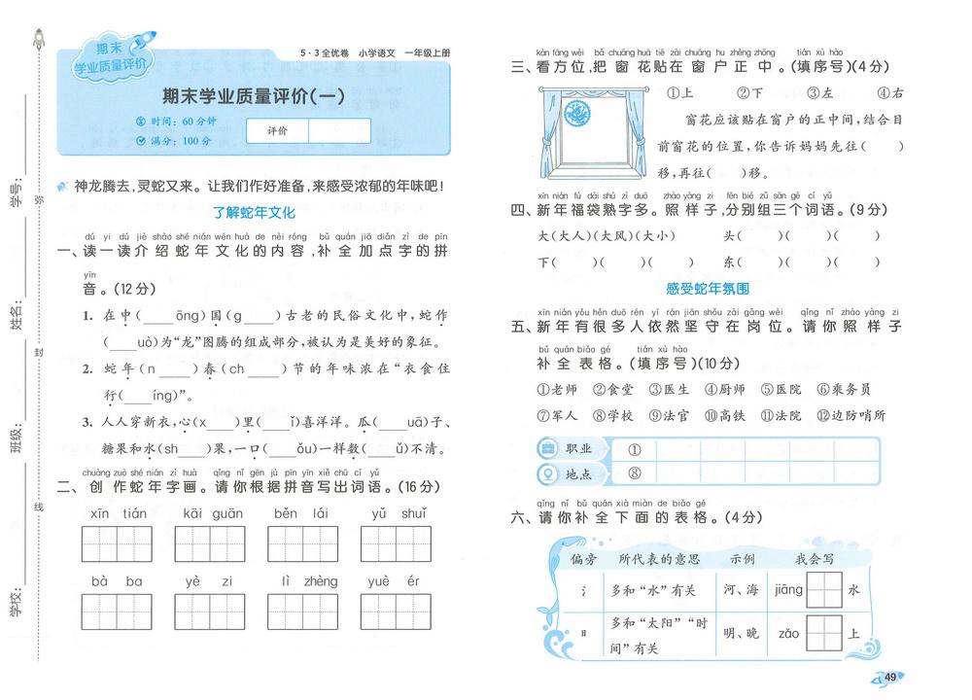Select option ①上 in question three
point(678,93)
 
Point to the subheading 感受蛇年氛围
point(708,289)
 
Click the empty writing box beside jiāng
point(824,589)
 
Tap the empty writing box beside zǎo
point(824,634)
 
